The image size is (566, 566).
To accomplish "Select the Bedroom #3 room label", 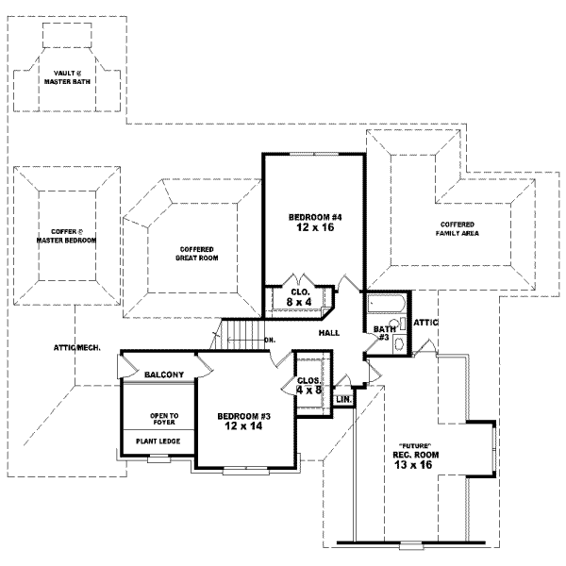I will tap(239, 415).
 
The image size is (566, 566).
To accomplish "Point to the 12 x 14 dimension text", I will tap(239, 426).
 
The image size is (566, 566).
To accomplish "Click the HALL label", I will tap(329, 333).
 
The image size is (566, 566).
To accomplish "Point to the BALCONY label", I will tap(164, 375).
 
